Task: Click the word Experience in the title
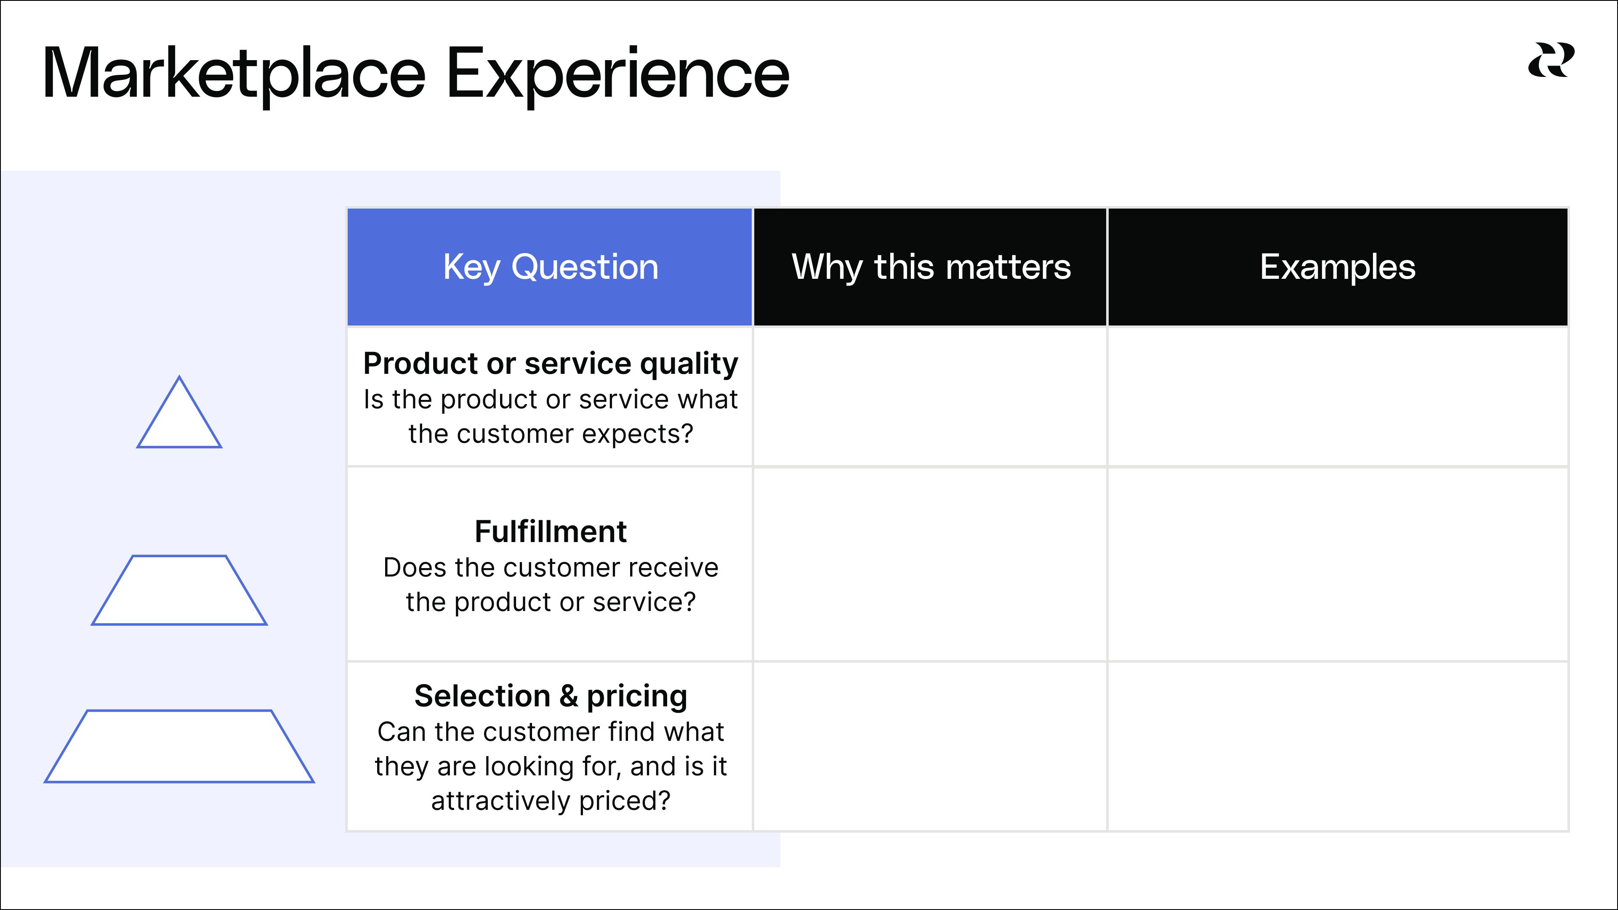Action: (x=618, y=74)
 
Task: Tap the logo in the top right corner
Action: (x=1551, y=60)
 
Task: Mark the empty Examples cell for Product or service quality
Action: (x=1338, y=397)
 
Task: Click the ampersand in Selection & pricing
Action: (x=568, y=696)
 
